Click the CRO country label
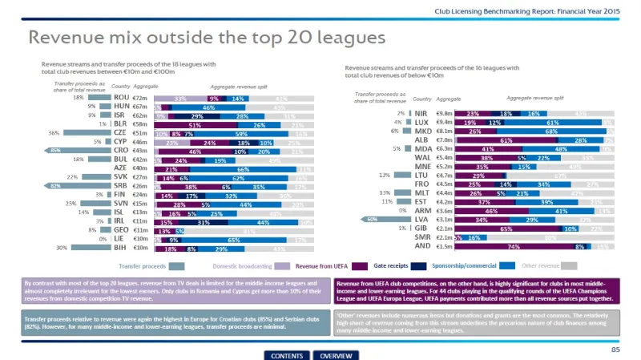(x=122, y=151)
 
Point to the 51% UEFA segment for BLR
(x=195, y=125)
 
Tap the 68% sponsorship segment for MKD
(x=552, y=131)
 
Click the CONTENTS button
(x=287, y=355)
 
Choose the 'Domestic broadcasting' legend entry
(x=241, y=265)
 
